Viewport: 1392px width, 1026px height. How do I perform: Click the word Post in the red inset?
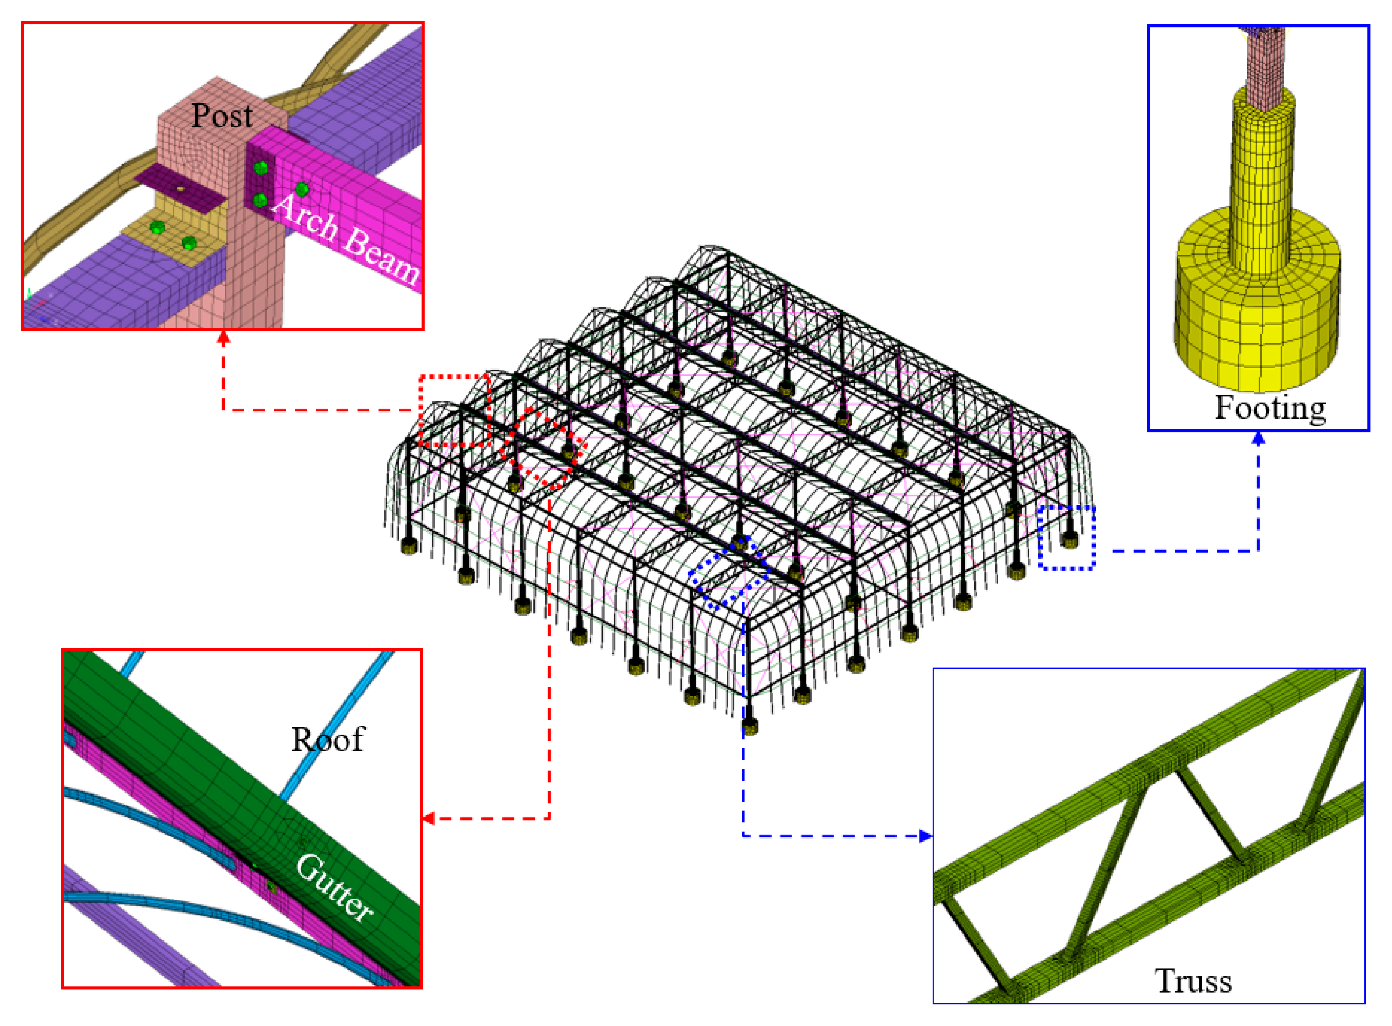coord(222,115)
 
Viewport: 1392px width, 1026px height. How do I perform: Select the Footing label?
coord(1270,409)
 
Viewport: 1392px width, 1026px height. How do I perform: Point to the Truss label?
coord(1193,982)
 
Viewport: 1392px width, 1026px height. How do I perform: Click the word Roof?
coord(328,740)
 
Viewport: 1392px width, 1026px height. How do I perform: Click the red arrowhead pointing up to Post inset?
coord(223,337)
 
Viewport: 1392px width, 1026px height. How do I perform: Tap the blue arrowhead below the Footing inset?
coord(1258,439)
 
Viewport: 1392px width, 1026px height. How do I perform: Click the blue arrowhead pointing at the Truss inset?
coord(926,836)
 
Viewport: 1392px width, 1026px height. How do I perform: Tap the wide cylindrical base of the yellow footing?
coord(1256,304)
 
